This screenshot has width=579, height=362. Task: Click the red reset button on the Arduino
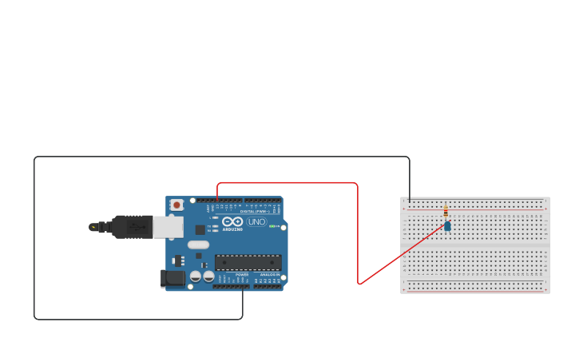176,205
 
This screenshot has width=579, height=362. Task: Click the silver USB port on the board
168,227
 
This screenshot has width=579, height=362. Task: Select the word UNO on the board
257,221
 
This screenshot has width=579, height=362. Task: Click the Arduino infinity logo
232,221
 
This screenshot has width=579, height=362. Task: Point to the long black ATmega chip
248,262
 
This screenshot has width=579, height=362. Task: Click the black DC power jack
173,278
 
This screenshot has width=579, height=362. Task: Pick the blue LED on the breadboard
447,226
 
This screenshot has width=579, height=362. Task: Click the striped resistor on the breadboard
446,211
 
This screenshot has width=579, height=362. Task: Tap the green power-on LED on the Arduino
272,226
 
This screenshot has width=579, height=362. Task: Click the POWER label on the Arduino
242,274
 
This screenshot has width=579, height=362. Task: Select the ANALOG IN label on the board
270,274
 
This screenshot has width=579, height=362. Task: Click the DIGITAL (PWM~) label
254,211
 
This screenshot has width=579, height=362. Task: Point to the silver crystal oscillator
198,245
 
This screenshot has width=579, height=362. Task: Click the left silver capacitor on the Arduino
195,276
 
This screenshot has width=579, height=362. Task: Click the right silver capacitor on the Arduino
208,276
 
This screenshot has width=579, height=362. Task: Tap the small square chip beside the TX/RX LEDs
200,229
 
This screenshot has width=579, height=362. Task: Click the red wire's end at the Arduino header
217,200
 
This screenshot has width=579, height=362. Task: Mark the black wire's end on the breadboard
410,201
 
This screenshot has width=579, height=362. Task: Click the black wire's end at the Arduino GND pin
243,286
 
